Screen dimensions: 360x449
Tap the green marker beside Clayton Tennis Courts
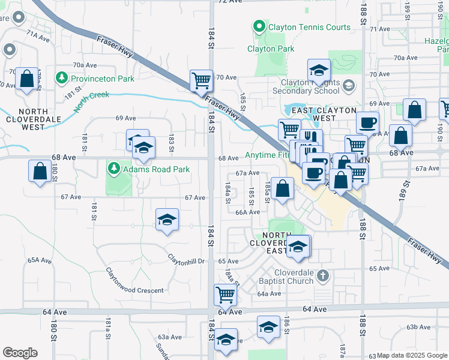pos(259,27)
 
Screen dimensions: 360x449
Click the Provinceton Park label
pos(103,78)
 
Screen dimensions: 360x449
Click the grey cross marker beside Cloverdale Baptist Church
pos(323,276)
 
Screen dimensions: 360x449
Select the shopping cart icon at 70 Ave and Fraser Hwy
pos(201,80)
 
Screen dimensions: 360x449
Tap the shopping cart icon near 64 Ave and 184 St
pos(226,294)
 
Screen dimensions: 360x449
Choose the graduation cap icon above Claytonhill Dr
pos(167,220)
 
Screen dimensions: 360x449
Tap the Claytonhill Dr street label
pos(186,261)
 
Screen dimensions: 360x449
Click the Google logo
pos(20,353)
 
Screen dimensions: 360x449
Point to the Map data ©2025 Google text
pos(412,356)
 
